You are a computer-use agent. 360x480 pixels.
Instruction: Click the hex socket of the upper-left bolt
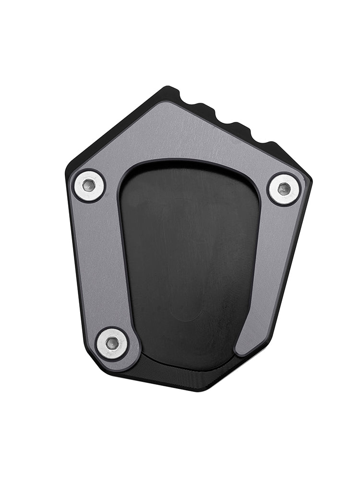[89, 185]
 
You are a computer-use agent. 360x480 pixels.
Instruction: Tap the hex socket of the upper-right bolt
[284, 189]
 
